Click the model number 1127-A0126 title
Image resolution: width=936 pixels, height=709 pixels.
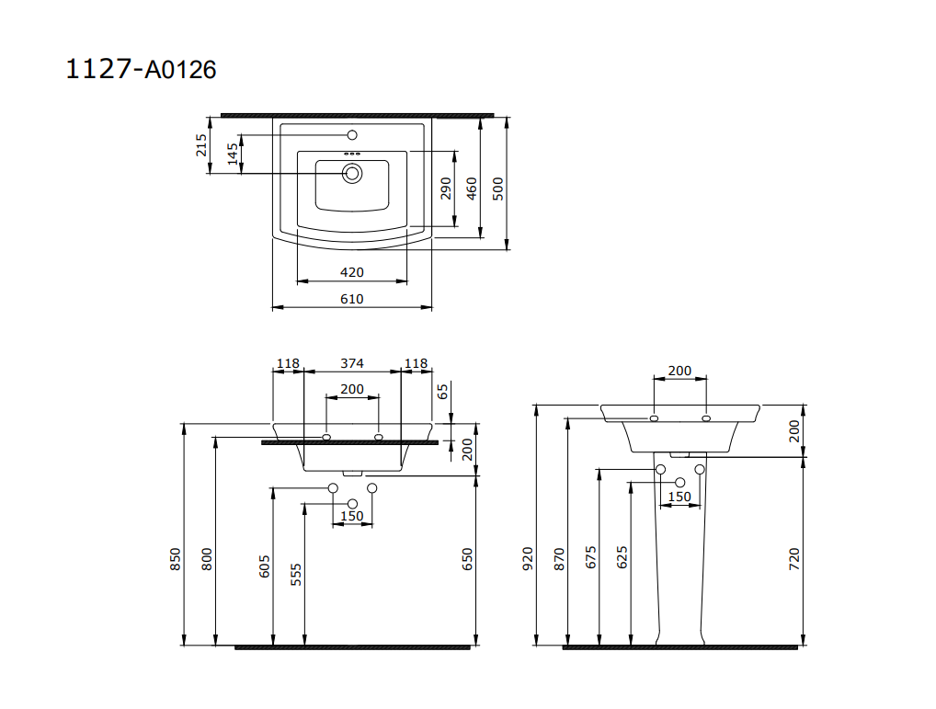click(141, 69)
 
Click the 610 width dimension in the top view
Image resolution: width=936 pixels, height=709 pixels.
click(352, 298)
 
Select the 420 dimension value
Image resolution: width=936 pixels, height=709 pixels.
click(352, 272)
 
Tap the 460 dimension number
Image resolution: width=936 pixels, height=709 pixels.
click(472, 189)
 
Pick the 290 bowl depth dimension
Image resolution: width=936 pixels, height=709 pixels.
click(446, 189)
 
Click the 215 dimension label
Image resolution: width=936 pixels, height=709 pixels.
click(201, 145)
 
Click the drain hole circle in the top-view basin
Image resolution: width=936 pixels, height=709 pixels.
click(352, 173)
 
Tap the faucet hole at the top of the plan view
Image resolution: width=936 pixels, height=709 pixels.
click(352, 135)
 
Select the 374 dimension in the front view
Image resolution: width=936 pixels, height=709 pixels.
click(352, 363)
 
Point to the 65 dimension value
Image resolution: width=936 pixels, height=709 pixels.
click(442, 392)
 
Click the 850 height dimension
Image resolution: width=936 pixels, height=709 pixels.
click(176, 558)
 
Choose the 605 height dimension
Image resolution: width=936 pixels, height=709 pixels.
click(265, 566)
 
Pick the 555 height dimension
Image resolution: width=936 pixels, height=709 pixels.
click(295, 575)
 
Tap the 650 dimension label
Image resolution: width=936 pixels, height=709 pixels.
click(467, 558)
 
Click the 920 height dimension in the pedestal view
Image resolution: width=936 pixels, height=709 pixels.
click(528, 558)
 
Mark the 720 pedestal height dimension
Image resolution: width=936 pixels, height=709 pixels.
click(794, 558)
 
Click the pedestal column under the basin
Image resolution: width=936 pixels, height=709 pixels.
click(680, 570)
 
